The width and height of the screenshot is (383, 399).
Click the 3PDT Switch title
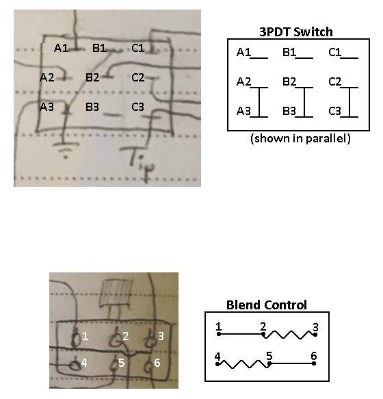coord(295,31)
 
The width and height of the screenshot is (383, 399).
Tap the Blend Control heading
coord(267,305)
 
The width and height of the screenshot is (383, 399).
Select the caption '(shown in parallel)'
coord(300,138)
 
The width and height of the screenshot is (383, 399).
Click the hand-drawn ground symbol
coord(66,149)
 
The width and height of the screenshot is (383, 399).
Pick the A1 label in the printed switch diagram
coord(243,53)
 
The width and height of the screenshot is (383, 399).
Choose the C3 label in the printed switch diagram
coord(334,111)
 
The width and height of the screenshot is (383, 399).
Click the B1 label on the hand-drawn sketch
coord(99,48)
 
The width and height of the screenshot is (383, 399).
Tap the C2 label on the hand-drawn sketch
coord(138,77)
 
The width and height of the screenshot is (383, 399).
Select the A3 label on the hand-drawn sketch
coord(47,107)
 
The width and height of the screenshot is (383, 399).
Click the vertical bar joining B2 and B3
coord(304,102)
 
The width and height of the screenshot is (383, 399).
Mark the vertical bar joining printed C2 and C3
coord(349,102)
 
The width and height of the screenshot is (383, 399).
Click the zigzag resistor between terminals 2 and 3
coord(289,335)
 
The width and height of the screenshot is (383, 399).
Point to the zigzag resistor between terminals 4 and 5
coord(243,364)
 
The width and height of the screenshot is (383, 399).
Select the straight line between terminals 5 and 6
coord(292,363)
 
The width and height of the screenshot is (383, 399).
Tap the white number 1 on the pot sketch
coord(85,337)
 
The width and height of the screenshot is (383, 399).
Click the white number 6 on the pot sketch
coord(157,363)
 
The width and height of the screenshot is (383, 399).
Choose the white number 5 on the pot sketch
coord(122,363)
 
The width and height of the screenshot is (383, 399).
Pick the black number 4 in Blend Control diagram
coord(217,357)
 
